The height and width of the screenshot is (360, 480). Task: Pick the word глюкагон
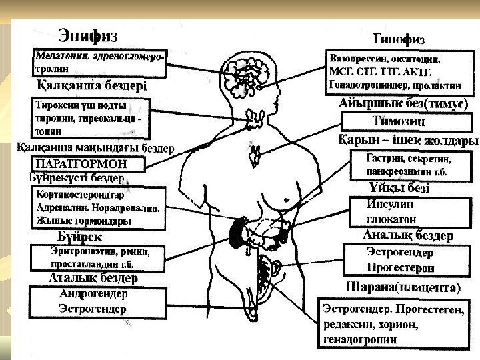tap(391, 219)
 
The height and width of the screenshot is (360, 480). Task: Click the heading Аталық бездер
tap(93, 277)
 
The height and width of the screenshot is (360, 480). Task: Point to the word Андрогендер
tap(93, 293)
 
